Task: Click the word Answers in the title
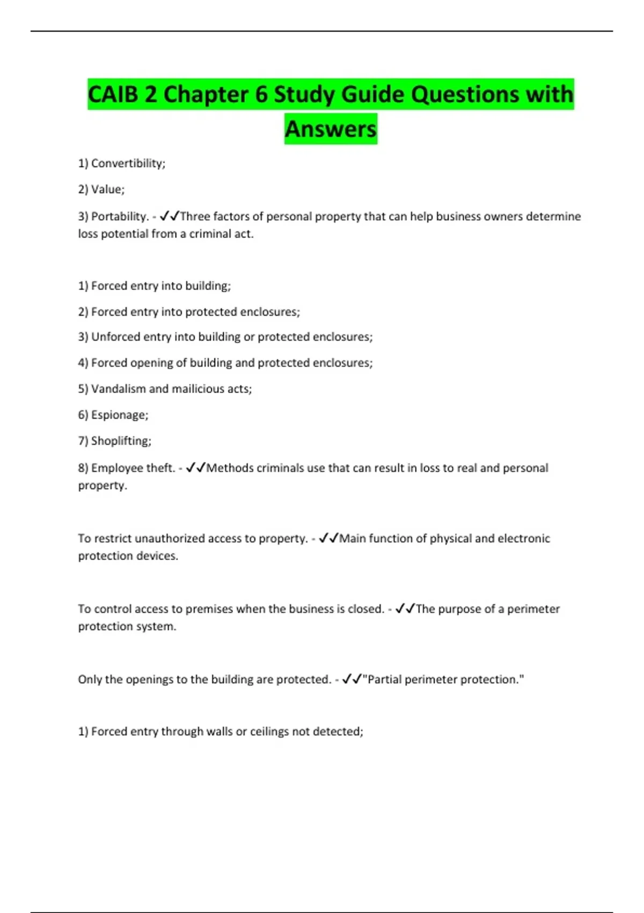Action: click(x=331, y=129)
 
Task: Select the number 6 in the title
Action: click(x=261, y=95)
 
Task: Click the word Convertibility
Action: click(x=127, y=163)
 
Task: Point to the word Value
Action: click(x=107, y=189)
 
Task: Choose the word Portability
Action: click(x=119, y=216)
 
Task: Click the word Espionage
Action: click(x=119, y=415)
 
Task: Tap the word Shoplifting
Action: click(x=120, y=441)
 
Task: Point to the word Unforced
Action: click(x=114, y=337)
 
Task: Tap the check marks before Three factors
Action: click(x=169, y=216)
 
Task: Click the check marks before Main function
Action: click(x=328, y=538)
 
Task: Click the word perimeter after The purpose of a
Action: click(x=533, y=609)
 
